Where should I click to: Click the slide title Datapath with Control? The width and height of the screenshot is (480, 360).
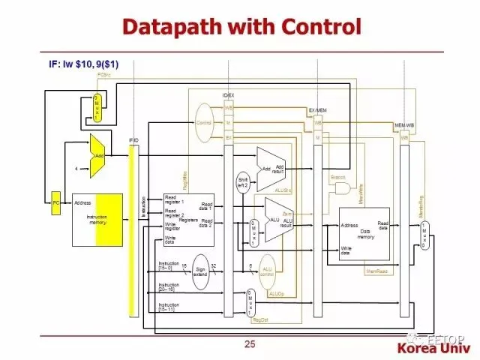[241, 28]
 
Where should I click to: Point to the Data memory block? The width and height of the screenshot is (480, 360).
[364, 233]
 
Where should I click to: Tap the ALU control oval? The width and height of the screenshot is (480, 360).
[268, 270]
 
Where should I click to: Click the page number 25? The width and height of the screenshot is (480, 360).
[250, 344]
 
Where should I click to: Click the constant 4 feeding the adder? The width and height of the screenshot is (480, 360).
[76, 169]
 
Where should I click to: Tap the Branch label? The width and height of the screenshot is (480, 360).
[337, 177]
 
